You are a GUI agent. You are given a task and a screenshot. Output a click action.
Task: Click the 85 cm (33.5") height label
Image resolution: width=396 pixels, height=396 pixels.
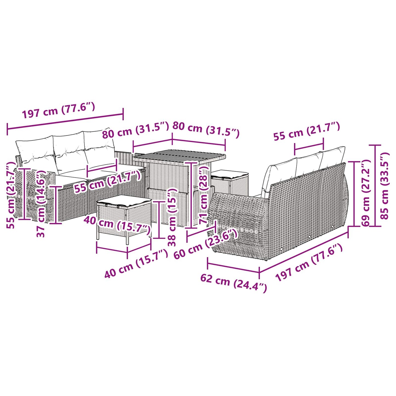coord(385,186)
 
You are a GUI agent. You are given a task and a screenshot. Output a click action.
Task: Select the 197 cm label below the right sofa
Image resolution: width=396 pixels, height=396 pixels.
coord(309,262)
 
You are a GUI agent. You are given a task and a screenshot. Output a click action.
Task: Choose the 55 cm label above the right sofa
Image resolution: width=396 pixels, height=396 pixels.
coord(307,132)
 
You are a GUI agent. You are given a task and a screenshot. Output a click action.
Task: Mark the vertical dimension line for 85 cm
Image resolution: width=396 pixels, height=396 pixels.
coord(375,186)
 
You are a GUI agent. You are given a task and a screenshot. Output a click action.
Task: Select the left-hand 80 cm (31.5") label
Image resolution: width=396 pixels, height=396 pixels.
coord(135,130)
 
